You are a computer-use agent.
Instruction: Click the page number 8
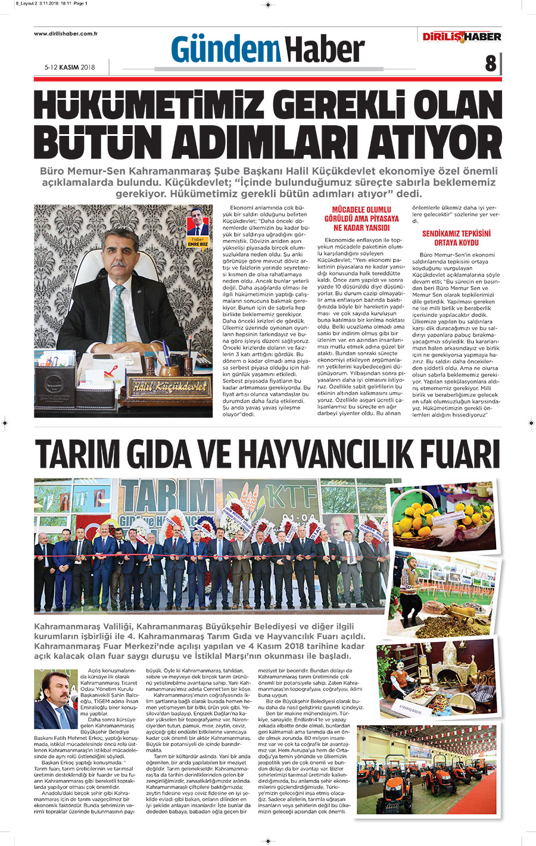coord(490,63)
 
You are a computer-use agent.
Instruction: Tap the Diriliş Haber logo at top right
coord(462,37)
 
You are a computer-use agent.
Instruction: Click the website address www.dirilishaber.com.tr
coord(66,33)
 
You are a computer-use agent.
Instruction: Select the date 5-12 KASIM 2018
coord(69,67)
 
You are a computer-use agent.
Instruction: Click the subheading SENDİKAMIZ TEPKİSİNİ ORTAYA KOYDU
coord(456,238)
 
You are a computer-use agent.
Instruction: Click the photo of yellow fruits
coord(443,515)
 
